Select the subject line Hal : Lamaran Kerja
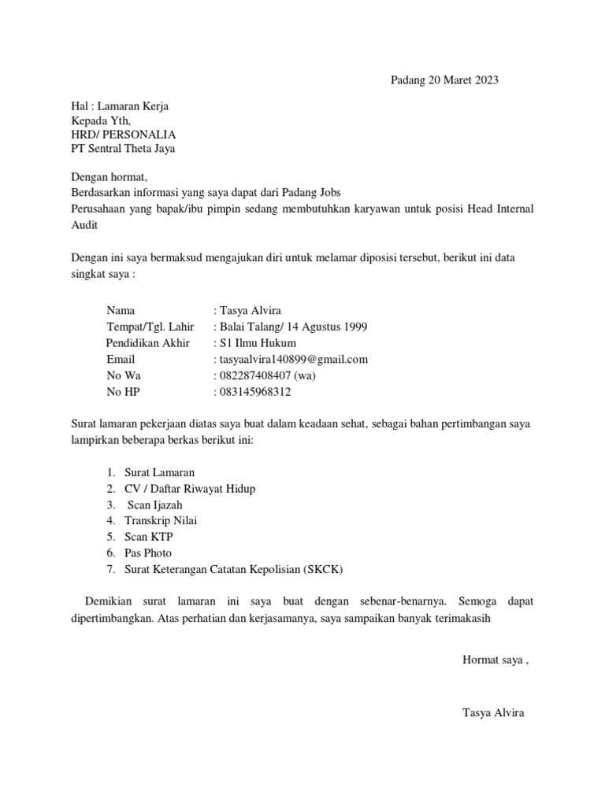[120, 106]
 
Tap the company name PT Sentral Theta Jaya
[124, 149]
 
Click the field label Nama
[121, 311]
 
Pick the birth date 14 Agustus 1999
[322, 327]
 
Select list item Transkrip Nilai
[161, 520]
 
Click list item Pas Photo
[148, 553]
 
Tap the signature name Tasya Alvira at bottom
[493, 713]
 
